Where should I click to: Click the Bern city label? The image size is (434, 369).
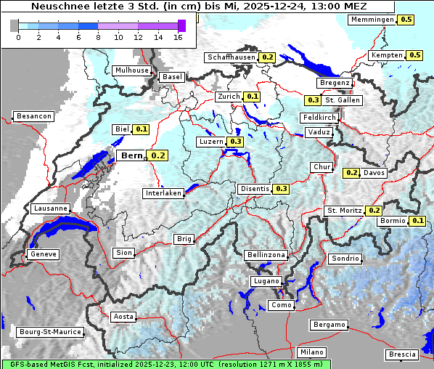[x=132, y=155]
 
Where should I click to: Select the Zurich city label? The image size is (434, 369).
[x=229, y=97]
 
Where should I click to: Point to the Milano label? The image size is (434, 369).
[x=308, y=352]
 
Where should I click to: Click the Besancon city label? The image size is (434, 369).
[x=34, y=116]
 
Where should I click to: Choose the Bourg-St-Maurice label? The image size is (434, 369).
[x=49, y=332]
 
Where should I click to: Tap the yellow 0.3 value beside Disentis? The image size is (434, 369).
[x=282, y=189]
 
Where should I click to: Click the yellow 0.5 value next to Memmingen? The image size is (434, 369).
[x=406, y=20]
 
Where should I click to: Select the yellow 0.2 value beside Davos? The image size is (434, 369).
[x=352, y=173]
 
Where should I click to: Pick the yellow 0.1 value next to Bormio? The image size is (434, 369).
[x=418, y=221]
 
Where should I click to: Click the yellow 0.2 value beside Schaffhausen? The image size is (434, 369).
[x=268, y=57]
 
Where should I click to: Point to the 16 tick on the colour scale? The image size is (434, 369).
[x=177, y=37]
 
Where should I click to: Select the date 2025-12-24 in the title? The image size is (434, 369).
[x=278, y=6]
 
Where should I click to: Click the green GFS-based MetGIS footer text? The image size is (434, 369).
[x=165, y=364]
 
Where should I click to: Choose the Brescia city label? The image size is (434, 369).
[x=402, y=354]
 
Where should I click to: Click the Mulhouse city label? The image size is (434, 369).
[x=131, y=70]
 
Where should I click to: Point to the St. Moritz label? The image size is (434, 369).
[x=344, y=211]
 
